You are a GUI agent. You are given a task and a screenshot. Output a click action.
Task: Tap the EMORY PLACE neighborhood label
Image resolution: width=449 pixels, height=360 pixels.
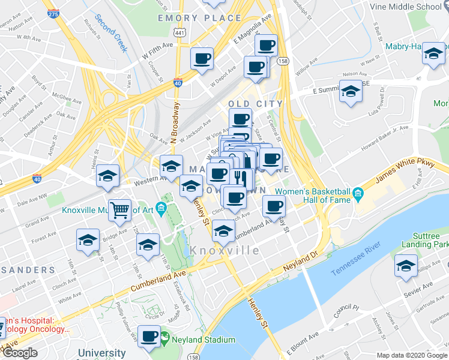(199, 19)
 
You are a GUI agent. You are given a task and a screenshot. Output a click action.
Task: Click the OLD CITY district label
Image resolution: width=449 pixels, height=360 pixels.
(256, 104)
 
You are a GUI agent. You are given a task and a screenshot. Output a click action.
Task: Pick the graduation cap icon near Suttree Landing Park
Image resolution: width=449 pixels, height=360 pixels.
(406, 265)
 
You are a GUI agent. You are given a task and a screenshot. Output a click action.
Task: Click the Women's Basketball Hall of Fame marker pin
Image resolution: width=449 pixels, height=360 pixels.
(358, 193)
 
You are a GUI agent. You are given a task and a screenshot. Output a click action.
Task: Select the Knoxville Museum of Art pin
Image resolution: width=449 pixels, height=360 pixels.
(160, 209)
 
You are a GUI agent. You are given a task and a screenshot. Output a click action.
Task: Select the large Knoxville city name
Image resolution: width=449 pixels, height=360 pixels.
(225, 250)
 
